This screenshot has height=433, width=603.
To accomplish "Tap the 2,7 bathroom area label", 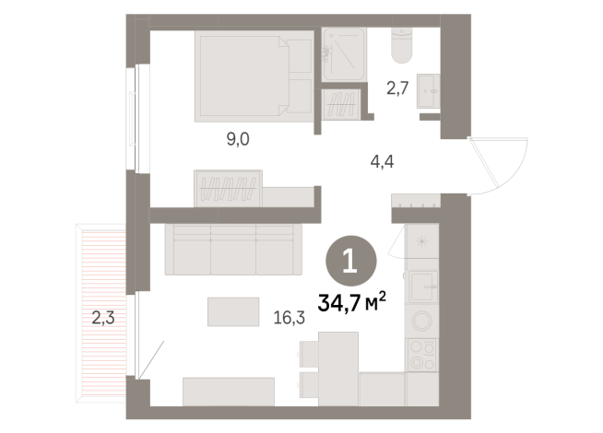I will [x=397, y=90].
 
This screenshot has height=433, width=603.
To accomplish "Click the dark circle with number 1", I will [x=351, y=261].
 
